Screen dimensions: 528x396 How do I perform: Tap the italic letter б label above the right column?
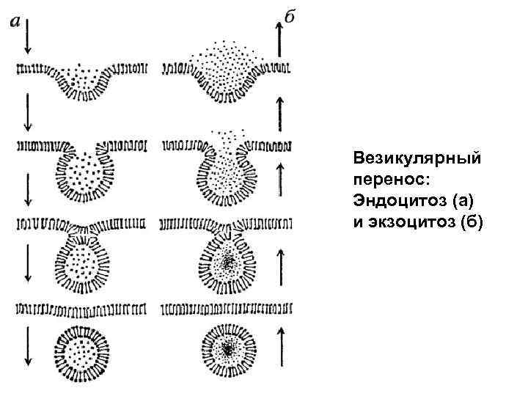(x=290, y=17)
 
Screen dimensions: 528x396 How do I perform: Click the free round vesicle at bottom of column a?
(x=83, y=353)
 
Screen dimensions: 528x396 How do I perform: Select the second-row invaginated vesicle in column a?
(x=84, y=173)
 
